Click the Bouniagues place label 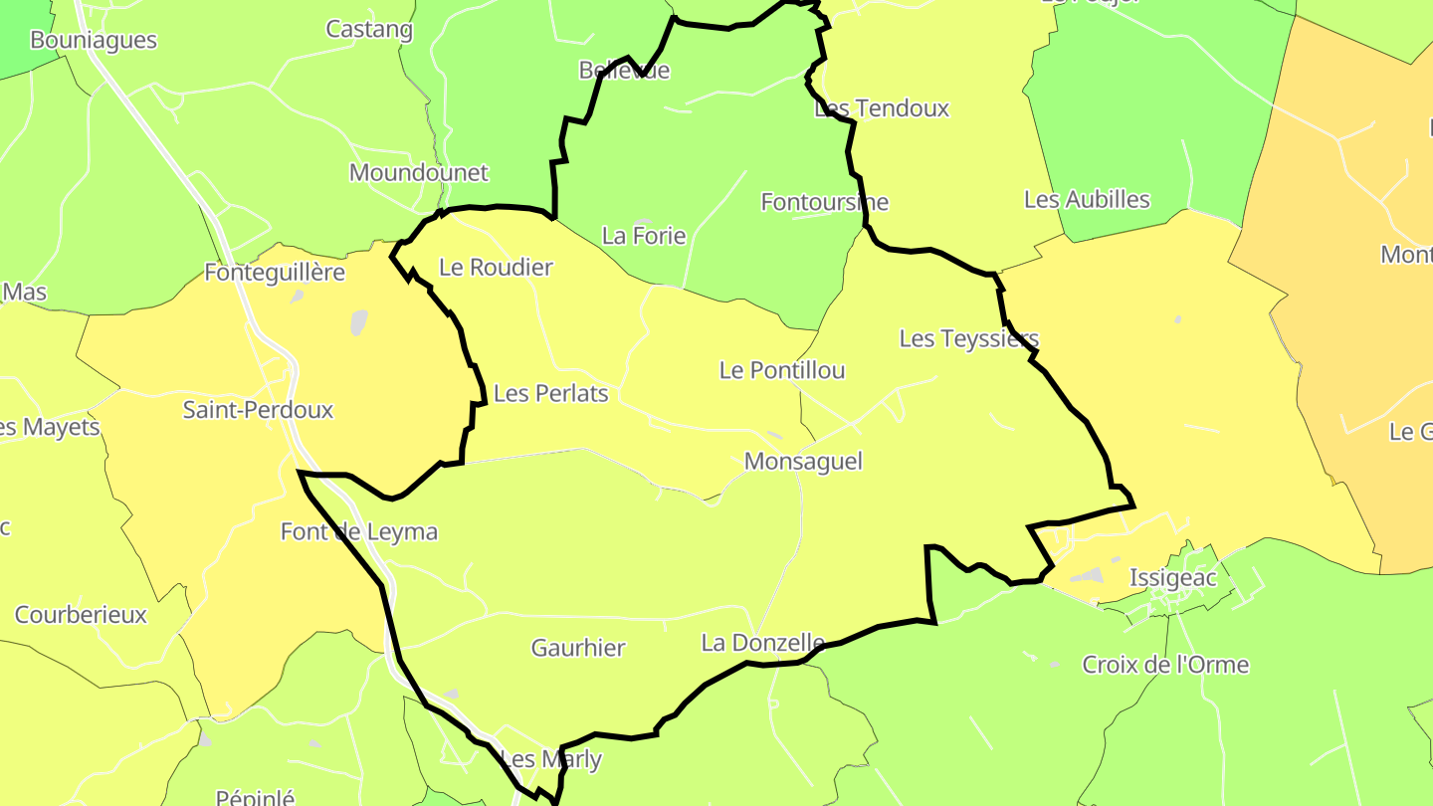pos(94,41)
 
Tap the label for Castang pos(369,29)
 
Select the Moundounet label pos(419,173)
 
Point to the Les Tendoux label pos(882,108)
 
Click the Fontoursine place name pos(824,202)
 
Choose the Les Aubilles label pos(1087,200)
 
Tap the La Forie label pos(644,236)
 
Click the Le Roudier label pos(496,268)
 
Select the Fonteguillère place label pos(275,273)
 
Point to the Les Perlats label pos(550,394)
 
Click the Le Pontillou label pos(782,371)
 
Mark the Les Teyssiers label pos(968,339)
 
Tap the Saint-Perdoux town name pos(258,410)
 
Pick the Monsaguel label pos(803,462)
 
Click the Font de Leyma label pos(359,532)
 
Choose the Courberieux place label pos(81,615)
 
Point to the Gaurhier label pos(578,649)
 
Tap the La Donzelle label pos(762,644)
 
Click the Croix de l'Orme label pos(1165,665)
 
